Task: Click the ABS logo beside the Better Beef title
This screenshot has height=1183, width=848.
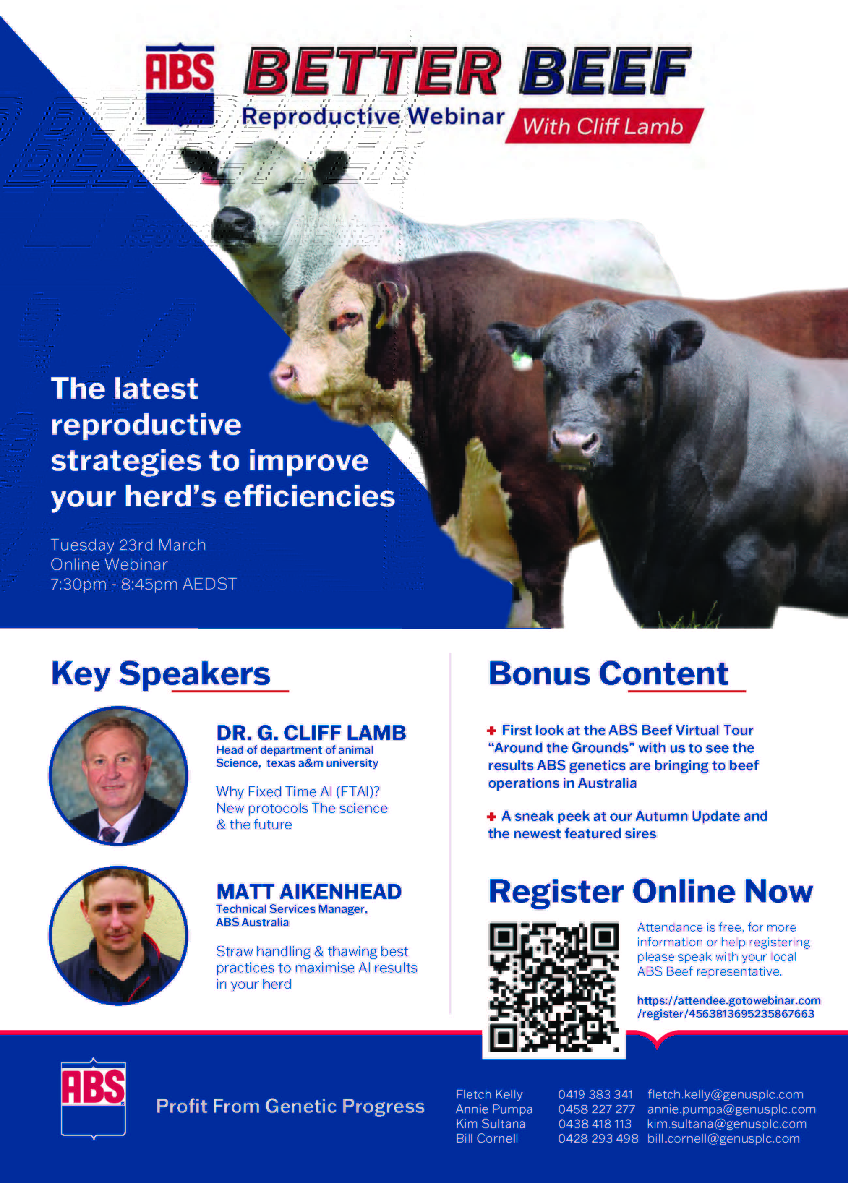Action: (x=180, y=84)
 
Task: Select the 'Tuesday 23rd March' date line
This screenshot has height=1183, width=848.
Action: (x=128, y=545)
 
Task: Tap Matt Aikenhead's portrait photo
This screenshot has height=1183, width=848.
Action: (x=118, y=935)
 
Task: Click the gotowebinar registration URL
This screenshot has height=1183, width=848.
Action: (x=728, y=1007)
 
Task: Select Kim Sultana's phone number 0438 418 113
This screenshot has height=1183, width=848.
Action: (x=594, y=1124)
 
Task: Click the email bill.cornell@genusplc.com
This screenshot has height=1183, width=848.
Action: (x=723, y=1138)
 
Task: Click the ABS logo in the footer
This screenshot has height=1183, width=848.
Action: (x=93, y=1098)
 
